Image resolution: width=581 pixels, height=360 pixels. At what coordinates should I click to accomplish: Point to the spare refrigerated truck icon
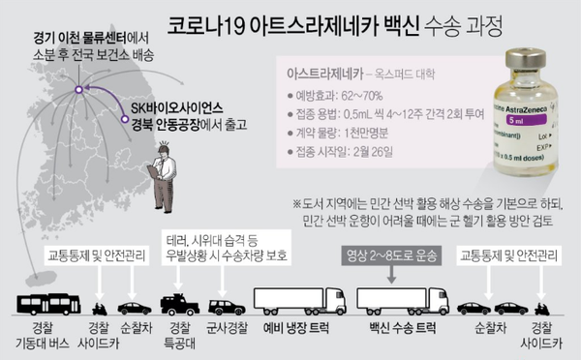(298, 300)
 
